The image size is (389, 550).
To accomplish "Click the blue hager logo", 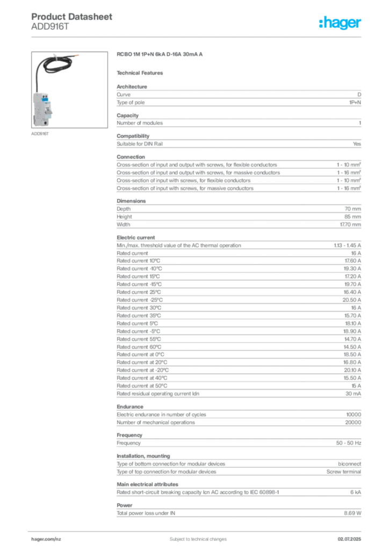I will pos(341,23).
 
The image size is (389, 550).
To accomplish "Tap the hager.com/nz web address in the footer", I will pos(47,538).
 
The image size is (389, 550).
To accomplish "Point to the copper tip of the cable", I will pos(78,55).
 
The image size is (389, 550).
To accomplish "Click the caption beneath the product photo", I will pos(41,134).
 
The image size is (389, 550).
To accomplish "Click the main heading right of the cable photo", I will pos(161,55).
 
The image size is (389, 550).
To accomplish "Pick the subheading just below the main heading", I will pos(142,72).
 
